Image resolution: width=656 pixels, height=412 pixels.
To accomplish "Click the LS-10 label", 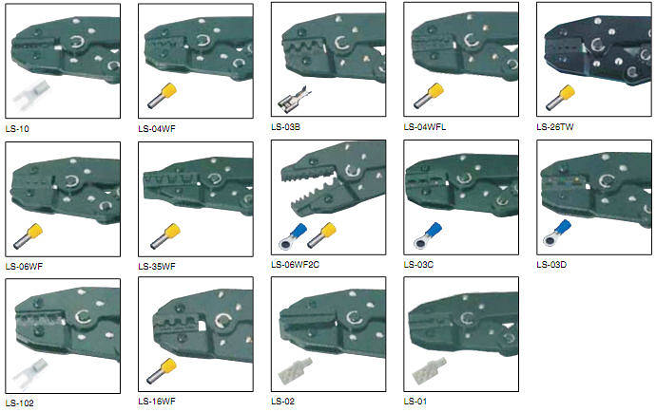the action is [x=17, y=129].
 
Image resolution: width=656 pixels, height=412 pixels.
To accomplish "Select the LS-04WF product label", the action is [x=157, y=129].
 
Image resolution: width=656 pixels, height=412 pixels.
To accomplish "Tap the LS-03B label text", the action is [x=286, y=127].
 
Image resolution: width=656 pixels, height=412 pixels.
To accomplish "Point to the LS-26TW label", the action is [x=555, y=126].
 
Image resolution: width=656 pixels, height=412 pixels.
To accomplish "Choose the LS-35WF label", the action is [x=157, y=266].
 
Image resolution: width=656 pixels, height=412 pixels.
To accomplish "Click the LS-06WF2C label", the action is [x=295, y=265].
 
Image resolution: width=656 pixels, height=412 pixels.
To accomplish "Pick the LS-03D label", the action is [x=551, y=265].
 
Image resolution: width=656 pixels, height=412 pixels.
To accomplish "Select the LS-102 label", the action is [x=20, y=403].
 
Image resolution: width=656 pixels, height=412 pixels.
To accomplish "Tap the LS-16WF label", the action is [x=157, y=402].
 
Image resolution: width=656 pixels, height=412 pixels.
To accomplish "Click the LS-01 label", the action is [x=415, y=402].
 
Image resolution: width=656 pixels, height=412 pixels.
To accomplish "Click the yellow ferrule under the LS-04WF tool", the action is [x=162, y=96].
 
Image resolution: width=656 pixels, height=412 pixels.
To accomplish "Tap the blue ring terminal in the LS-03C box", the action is [x=428, y=235].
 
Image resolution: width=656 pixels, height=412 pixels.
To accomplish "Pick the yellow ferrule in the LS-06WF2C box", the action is [x=322, y=235].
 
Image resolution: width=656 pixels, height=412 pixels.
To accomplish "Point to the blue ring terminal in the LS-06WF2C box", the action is [x=293, y=236].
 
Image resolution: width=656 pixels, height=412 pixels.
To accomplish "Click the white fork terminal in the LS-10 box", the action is [x=31, y=95].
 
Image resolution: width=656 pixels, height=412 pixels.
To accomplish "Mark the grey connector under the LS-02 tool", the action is [x=295, y=371].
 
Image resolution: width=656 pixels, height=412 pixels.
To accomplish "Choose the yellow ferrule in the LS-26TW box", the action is [x=561, y=98].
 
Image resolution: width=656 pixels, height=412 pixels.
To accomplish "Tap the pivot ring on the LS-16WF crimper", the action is [x=223, y=321].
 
